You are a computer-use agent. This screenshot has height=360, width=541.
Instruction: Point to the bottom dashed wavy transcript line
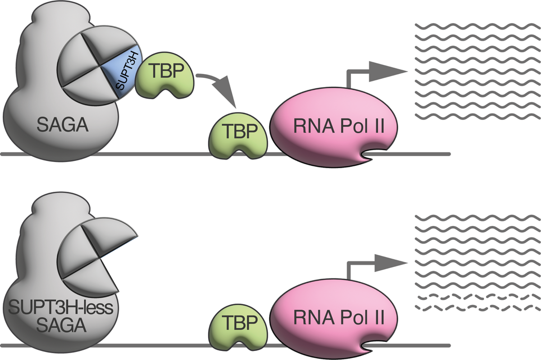469,308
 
